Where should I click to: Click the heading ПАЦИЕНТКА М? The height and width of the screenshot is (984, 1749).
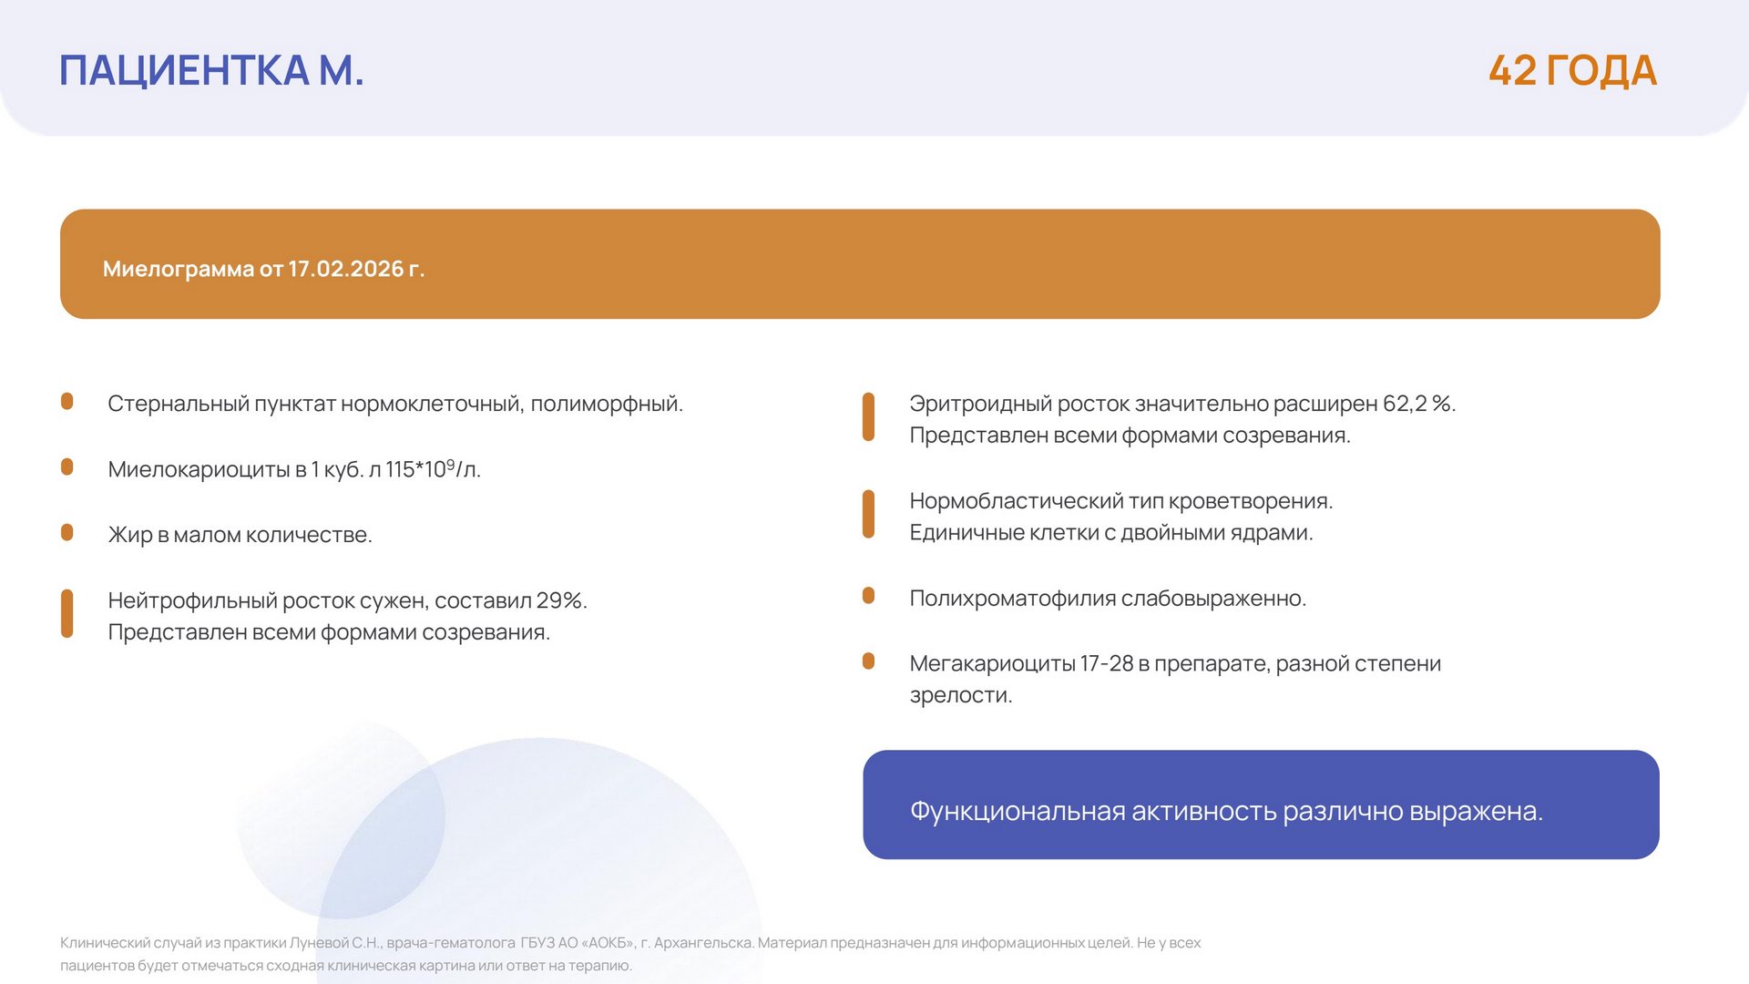[x=211, y=70]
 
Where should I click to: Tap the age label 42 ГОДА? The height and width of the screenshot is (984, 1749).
[x=1572, y=70]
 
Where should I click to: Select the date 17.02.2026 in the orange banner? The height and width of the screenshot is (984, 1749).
[x=346, y=269]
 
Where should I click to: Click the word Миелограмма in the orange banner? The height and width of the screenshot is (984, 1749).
[x=179, y=270]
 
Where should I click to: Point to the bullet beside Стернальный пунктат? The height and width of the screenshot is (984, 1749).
[x=67, y=401]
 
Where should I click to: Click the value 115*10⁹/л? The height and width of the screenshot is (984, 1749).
[x=433, y=468]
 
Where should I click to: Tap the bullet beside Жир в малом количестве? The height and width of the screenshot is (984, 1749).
[x=67, y=532]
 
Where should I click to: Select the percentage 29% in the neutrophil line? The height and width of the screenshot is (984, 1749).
[x=561, y=600]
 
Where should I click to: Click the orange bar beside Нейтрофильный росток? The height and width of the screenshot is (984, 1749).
[x=67, y=614]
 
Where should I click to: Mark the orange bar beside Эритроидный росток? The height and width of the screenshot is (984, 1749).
[x=869, y=417]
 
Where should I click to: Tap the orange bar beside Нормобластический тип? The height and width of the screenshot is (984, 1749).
[x=869, y=515]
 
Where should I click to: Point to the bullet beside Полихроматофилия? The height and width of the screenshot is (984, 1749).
[x=869, y=596]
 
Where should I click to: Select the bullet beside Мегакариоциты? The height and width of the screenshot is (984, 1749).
[x=869, y=661]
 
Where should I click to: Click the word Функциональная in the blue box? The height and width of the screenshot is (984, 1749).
[x=1018, y=811]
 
